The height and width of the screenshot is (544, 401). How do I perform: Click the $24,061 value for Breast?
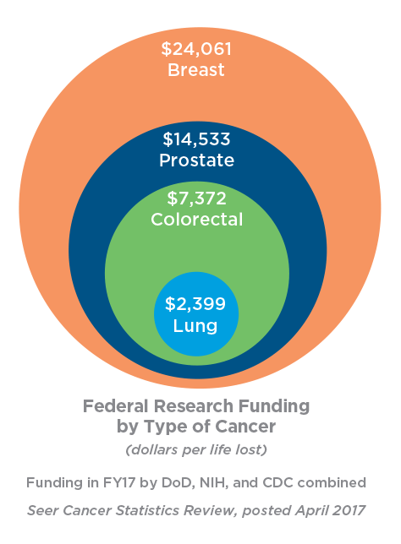(x=196, y=49)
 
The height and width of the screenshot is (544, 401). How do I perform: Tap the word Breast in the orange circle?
(x=196, y=70)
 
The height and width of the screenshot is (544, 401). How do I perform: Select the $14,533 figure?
(x=196, y=139)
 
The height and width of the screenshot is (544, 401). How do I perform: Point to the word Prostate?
(x=196, y=160)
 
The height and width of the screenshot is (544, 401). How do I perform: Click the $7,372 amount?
(x=196, y=199)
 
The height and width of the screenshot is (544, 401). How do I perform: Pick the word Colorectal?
(x=196, y=220)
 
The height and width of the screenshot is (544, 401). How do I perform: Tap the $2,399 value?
(x=195, y=303)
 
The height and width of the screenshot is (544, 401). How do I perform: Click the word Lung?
(x=195, y=326)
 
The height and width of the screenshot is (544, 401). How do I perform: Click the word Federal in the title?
(x=117, y=406)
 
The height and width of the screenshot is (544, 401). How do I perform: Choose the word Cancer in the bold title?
(x=245, y=427)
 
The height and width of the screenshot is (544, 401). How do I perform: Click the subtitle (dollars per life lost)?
(x=196, y=449)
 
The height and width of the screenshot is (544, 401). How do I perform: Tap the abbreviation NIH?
(x=214, y=483)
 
